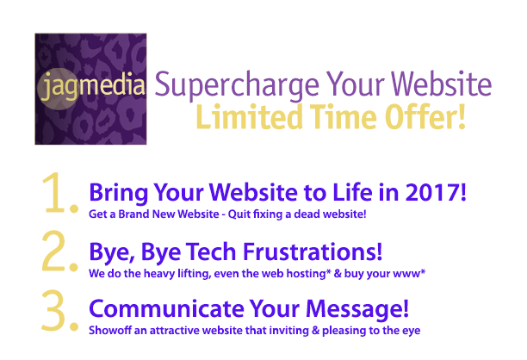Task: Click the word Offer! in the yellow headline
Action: pos(425,116)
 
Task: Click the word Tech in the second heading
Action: pos(211,251)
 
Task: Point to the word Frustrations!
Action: pos(313,251)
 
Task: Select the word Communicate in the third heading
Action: pos(166,309)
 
